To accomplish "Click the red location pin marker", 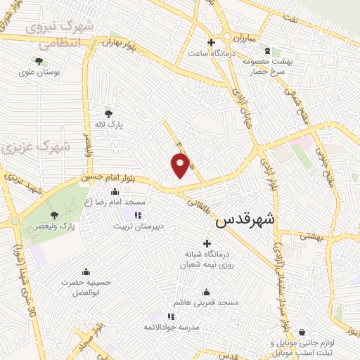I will pyautogui.click(x=181, y=165).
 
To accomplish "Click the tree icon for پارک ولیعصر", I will pyautogui.click(x=55, y=214).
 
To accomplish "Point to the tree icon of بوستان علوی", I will pyautogui.click(x=39, y=61).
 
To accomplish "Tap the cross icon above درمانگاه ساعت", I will pyautogui.click(x=212, y=42).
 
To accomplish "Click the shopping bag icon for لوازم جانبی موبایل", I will pyautogui.click(x=302, y=332).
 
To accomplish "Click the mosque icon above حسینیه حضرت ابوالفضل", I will pyautogui.click(x=86, y=272).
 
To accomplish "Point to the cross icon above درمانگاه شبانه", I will pyautogui.click(x=206, y=243).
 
